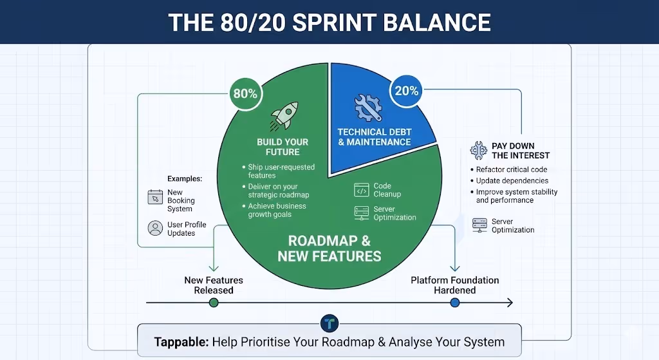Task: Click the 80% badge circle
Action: [245, 93]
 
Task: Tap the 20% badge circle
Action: [407, 91]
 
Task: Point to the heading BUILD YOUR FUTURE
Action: [283, 147]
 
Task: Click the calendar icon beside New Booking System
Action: [155, 197]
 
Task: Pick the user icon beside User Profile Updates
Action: [155, 228]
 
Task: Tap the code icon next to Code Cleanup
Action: [361, 190]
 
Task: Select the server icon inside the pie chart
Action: [361, 213]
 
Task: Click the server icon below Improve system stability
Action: [479, 225]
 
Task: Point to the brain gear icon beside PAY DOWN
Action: [478, 151]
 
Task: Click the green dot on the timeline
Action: [214, 302]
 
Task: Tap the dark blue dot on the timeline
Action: [456, 302]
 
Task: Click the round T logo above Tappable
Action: [329, 324]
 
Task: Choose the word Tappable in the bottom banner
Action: [181, 342]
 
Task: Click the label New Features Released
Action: [214, 285]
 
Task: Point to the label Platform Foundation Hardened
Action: [455, 285]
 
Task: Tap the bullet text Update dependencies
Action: [512, 180]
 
